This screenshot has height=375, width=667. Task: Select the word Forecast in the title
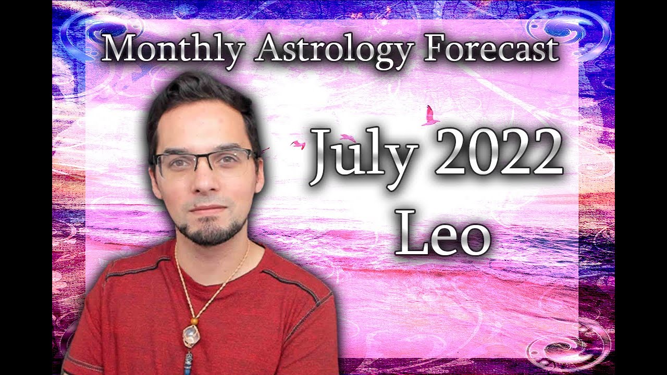coord(492,50)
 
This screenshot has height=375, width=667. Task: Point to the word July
coord(365,154)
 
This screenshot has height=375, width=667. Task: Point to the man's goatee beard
coord(211,232)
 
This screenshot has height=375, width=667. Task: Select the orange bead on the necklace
coord(194,321)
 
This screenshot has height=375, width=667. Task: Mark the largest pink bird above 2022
coord(430,116)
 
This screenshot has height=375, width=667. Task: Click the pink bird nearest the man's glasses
coord(298,144)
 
